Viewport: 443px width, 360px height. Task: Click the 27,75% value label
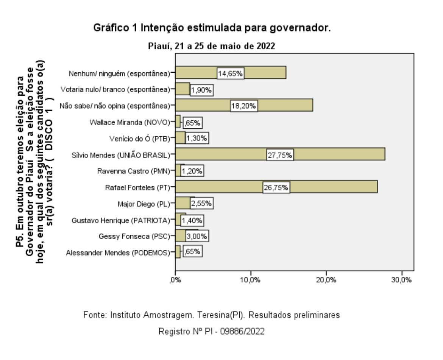point(281,155)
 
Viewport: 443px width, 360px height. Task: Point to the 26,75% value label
point(276,187)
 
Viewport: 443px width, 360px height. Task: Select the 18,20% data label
point(244,106)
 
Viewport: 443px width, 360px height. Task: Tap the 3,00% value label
point(197,236)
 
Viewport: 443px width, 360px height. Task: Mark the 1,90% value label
point(202,90)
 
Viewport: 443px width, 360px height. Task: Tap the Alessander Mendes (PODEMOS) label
point(118,252)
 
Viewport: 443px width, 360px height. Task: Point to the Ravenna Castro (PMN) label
point(134,171)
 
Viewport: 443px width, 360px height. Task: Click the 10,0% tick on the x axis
point(251,281)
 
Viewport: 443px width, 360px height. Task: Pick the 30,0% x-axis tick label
point(402,281)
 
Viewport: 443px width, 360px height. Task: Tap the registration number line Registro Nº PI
point(211,331)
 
